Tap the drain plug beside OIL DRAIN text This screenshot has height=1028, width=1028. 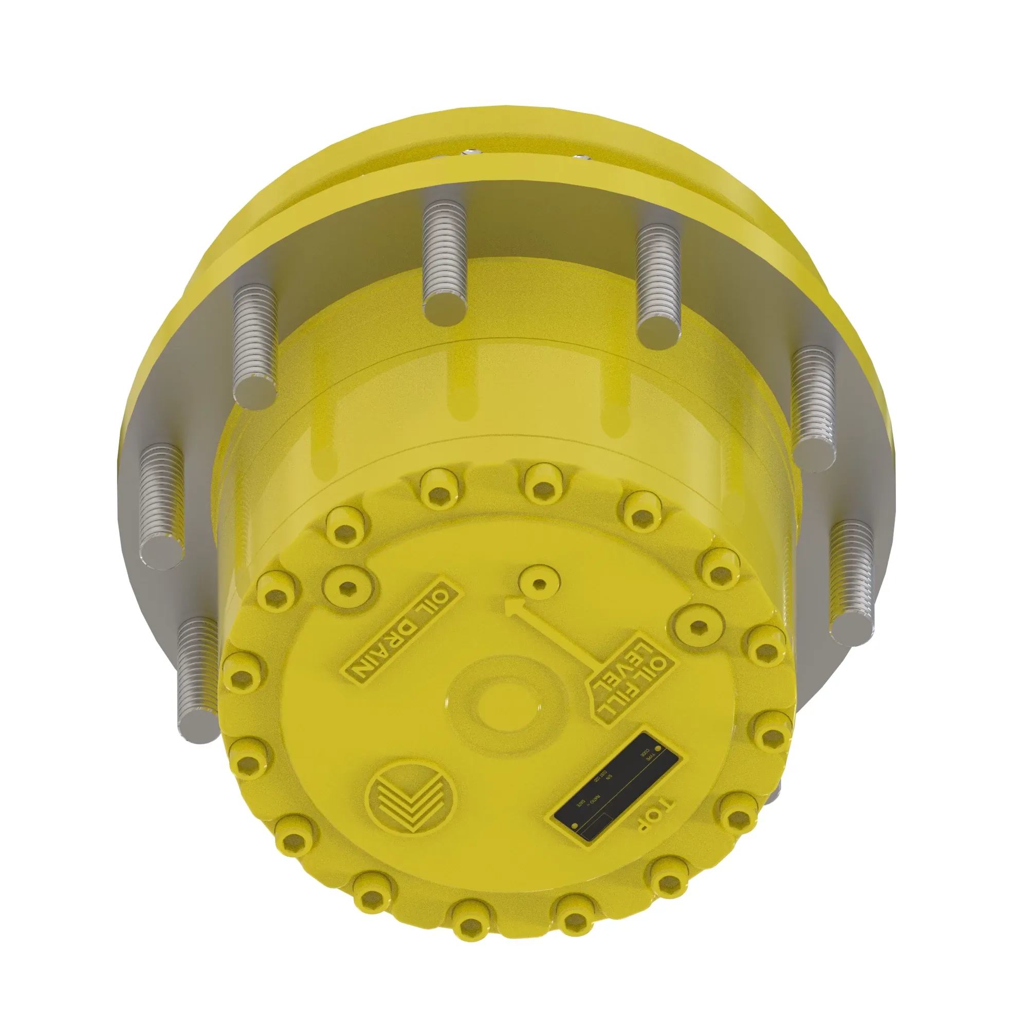point(348,585)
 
